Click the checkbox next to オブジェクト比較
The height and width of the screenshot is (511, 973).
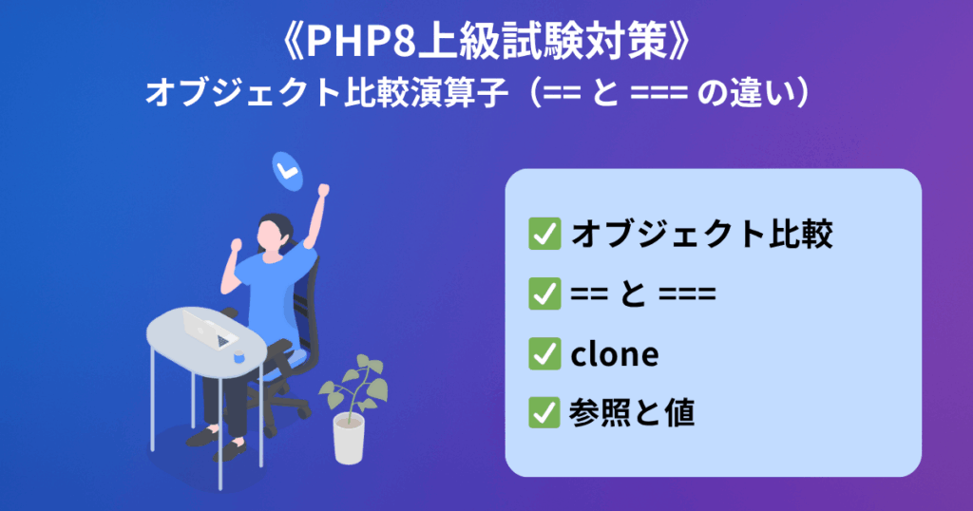[544, 234]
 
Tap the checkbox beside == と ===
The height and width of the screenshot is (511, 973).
[544, 293]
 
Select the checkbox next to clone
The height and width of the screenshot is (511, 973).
[544, 353]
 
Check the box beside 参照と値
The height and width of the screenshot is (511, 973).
[544, 412]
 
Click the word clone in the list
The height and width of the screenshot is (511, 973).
[615, 354]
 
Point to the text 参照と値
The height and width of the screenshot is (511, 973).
[632, 413]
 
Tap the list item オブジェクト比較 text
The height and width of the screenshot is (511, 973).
[701, 235]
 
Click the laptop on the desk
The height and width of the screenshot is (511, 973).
[209, 329]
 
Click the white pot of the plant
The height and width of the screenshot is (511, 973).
[349, 439]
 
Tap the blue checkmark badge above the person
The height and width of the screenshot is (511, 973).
[287, 171]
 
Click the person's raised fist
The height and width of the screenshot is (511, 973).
[323, 189]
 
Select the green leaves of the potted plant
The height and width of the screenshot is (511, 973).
[354, 384]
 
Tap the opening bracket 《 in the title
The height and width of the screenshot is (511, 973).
[291, 43]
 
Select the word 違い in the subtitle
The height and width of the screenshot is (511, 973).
[761, 94]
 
